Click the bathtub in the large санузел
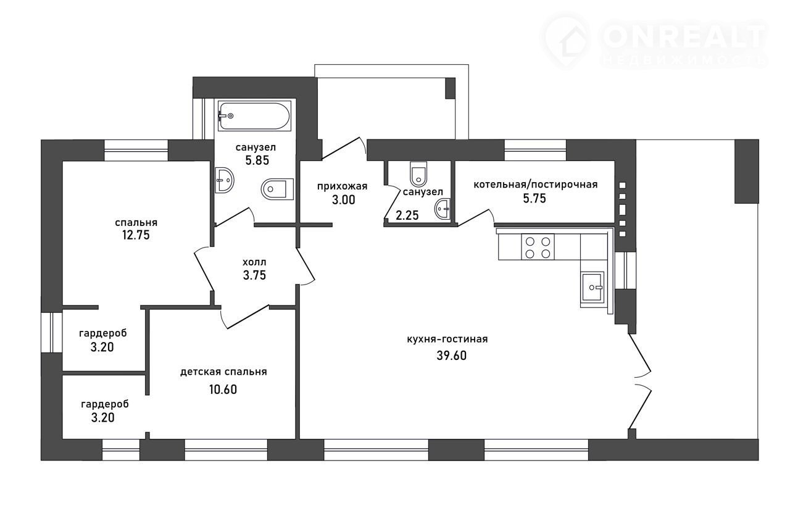coord(254,115)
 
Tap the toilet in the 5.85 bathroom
coord(277,189)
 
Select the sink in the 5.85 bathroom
coord(224,180)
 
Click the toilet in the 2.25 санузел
coord(418,174)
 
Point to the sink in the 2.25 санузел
coord(443,209)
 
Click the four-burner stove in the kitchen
coord(538,247)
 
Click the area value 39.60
coord(451,356)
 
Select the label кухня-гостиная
coord(447,339)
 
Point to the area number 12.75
coord(136,235)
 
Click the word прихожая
coord(342,186)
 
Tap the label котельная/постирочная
coord(535,185)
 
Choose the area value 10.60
coord(223,389)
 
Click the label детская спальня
coord(223,372)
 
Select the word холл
coord(254,262)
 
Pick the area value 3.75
coord(254,275)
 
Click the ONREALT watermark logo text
coord(683,38)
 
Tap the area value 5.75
coord(534,198)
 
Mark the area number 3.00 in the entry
coord(344,200)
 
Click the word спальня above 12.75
coord(136,223)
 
